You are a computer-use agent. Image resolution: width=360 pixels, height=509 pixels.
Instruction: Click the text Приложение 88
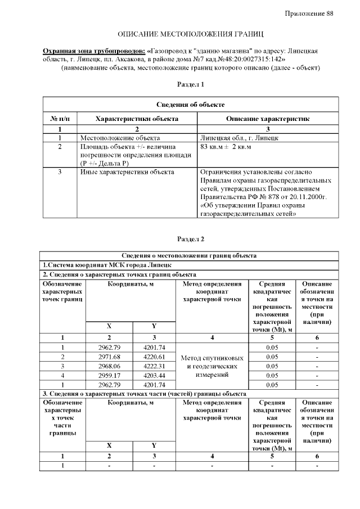[x=309, y=13]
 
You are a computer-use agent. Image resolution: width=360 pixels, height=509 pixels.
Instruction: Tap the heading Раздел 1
[x=191, y=84]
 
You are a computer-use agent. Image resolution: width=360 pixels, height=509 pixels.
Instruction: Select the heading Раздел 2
[x=191, y=239]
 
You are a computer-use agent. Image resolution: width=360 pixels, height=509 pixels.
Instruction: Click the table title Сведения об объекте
[x=191, y=105]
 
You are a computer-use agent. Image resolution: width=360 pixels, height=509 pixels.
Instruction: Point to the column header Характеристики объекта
[x=137, y=119]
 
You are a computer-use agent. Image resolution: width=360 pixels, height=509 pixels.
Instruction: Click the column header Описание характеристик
[x=268, y=119]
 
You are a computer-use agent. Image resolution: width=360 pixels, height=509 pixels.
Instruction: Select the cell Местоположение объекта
[x=120, y=137]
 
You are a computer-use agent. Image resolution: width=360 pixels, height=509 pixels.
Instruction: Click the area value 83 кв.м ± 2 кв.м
[x=226, y=147]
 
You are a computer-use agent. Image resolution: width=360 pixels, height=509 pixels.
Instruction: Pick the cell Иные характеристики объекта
[x=127, y=172]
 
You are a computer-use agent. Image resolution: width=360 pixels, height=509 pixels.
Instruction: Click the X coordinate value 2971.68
[x=110, y=357]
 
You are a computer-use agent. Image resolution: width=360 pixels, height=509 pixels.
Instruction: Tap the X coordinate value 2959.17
[x=110, y=375]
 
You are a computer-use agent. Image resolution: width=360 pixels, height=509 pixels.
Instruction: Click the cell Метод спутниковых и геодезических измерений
[x=211, y=366]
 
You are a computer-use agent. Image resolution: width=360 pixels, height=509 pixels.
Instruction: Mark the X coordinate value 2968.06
[x=110, y=366]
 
